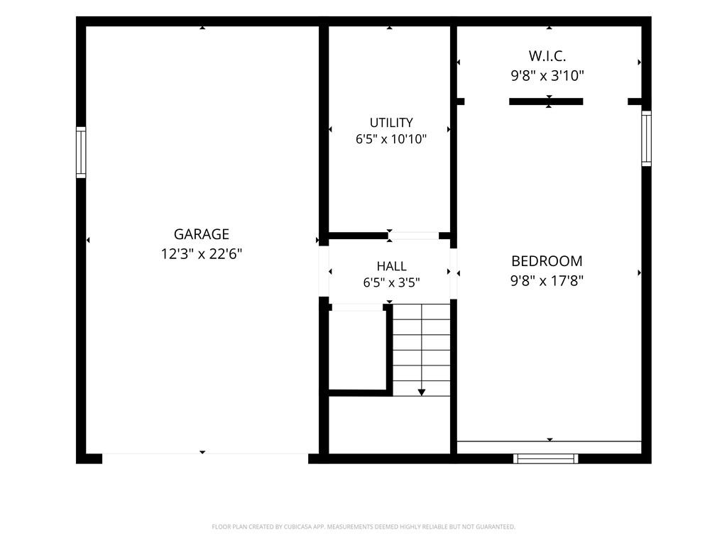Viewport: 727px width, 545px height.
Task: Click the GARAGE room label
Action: [201, 234]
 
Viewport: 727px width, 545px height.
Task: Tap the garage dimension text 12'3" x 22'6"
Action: [201, 254]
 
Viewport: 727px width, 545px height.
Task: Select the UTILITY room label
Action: [391, 123]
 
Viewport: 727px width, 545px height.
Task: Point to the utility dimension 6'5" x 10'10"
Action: [391, 139]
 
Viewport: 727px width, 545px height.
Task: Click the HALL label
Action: [391, 267]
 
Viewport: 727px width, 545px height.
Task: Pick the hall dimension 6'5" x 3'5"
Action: [391, 282]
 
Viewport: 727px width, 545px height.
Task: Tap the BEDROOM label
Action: [547, 261]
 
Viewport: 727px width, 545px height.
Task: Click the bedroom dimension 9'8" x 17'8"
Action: [547, 281]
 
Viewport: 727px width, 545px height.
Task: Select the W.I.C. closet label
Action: [547, 56]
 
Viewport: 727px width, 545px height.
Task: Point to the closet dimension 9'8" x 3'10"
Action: [547, 75]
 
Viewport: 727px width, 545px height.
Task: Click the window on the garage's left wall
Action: [81, 152]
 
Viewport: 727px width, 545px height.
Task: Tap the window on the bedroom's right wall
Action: [646, 138]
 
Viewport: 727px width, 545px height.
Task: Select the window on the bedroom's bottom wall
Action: [546, 459]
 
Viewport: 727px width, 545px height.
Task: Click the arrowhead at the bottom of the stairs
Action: [422, 392]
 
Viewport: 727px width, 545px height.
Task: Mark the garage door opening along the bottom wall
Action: [205, 454]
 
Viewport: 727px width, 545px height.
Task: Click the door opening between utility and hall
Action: [414, 236]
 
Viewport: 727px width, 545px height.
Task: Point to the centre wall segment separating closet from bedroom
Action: [546, 101]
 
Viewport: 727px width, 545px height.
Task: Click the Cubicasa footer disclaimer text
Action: [363, 527]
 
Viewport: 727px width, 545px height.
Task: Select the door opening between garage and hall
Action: [324, 271]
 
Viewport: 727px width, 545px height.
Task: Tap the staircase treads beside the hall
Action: [422, 350]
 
